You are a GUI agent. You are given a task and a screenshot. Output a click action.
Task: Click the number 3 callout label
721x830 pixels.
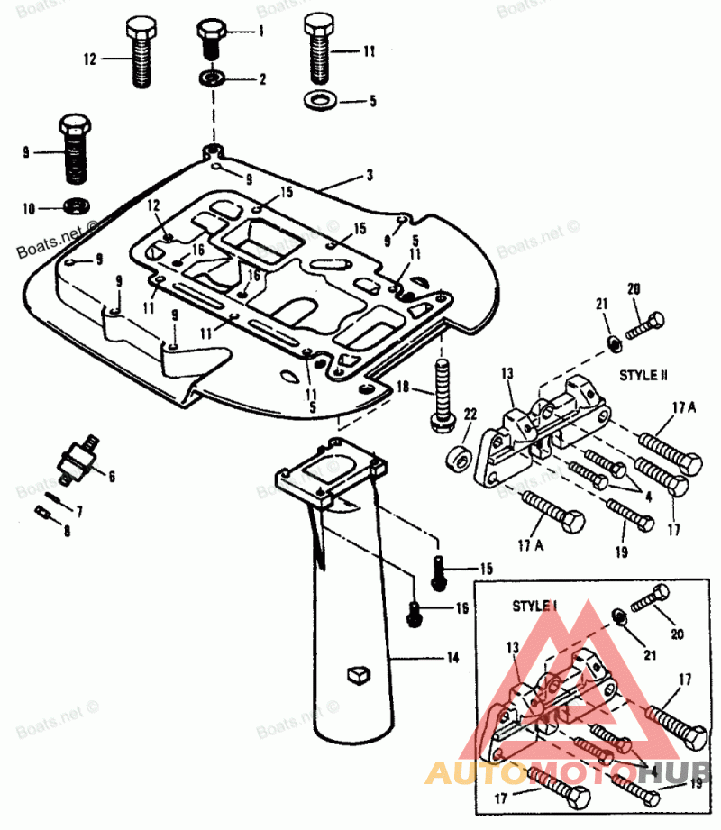(x=369, y=174)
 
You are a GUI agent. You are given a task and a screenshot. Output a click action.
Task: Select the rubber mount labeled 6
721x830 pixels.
(x=77, y=454)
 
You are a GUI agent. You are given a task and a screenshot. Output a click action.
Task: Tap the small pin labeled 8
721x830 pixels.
(x=43, y=514)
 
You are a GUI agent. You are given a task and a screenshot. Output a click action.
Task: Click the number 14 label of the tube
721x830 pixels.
(x=452, y=659)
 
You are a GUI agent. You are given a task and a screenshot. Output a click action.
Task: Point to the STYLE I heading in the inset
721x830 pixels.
(x=534, y=607)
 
